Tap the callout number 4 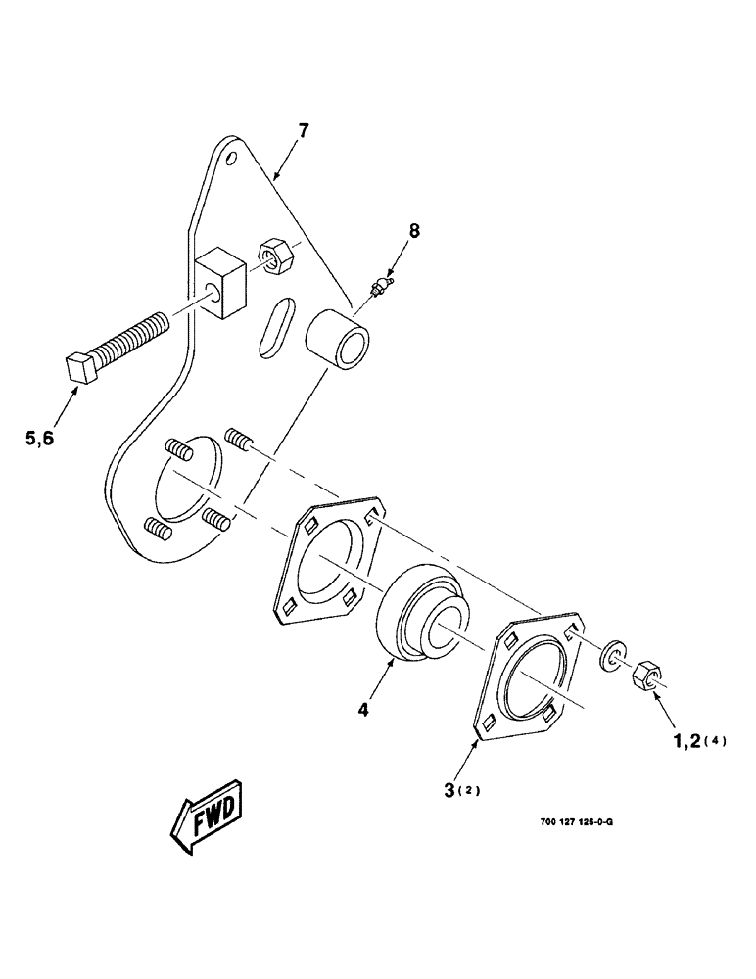click(363, 711)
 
